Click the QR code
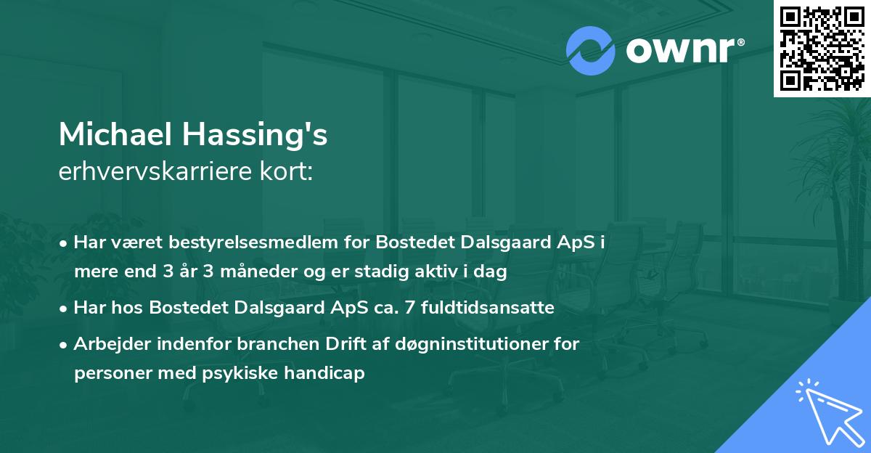tap(822, 48)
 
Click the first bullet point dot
tap(65, 243)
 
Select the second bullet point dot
tap(65, 309)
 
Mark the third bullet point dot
tap(65, 345)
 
